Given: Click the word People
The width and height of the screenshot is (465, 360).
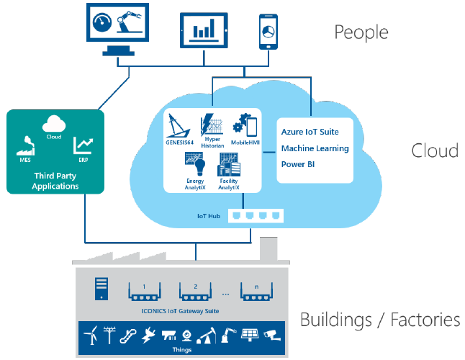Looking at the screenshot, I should click(x=361, y=32).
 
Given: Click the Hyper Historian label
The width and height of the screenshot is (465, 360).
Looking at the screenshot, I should click(x=212, y=142).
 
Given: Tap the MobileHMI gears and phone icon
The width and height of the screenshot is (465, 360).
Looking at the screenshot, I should click(x=245, y=125).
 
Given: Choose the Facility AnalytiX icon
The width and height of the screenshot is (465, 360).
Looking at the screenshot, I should click(x=229, y=166).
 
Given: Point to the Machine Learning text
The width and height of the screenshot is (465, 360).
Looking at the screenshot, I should click(x=315, y=148).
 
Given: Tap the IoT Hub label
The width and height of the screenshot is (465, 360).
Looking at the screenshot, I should click(x=209, y=215).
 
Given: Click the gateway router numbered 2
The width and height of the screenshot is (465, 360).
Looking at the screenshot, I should click(x=195, y=293).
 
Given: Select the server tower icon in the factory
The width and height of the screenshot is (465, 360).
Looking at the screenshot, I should click(x=101, y=290).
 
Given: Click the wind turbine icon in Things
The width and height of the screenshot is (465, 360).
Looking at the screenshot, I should click(x=91, y=336).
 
